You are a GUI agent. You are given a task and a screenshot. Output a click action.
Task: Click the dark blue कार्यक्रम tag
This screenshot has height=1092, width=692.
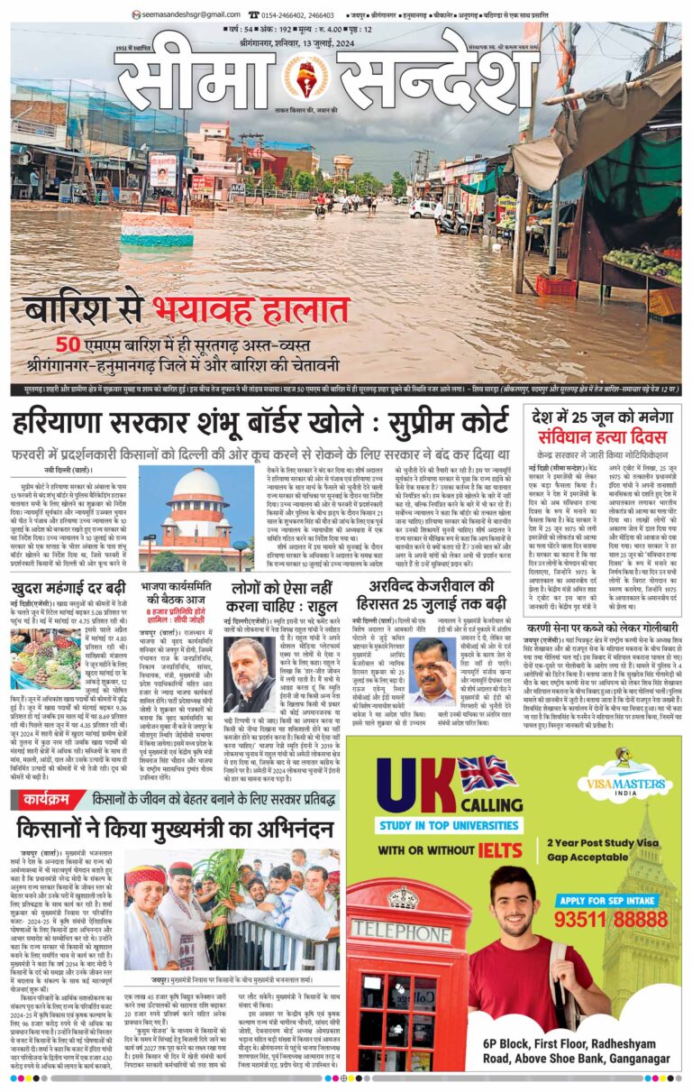[48, 798]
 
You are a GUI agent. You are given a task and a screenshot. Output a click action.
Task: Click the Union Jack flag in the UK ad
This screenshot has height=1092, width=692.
[487, 774]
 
